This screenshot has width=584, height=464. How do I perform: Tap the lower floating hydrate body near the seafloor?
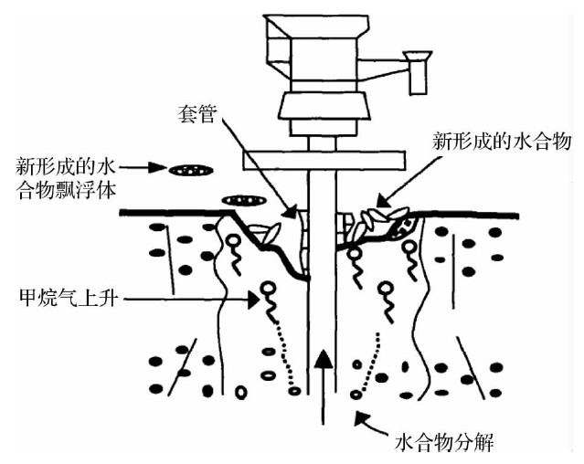coord(239,200)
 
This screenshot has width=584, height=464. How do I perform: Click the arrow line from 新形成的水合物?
coord(407,183)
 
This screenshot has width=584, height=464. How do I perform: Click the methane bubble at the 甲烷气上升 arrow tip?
coord(268,291)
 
